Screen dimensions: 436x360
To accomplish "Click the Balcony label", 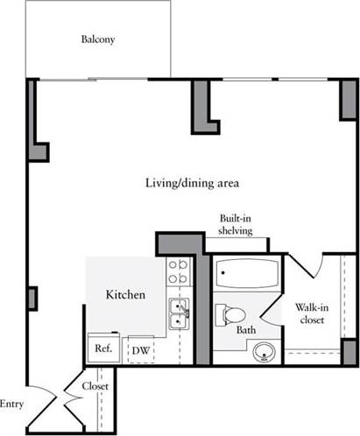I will click(x=97, y=39).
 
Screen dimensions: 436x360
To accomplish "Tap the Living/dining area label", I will click(x=193, y=183).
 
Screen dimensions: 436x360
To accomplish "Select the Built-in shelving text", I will click(x=236, y=225).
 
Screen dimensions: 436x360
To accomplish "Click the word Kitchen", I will click(x=125, y=295).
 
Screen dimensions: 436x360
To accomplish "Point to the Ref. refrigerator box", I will click(x=102, y=348).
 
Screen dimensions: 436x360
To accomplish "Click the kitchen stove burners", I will click(x=179, y=271).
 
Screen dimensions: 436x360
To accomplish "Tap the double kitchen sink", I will click(x=180, y=313).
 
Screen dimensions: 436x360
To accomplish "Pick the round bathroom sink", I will click(x=264, y=353).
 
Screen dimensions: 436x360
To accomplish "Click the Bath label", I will click(x=246, y=331).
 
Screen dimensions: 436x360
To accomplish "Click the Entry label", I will click(x=11, y=404).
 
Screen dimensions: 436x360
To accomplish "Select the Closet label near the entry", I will click(x=94, y=386).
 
